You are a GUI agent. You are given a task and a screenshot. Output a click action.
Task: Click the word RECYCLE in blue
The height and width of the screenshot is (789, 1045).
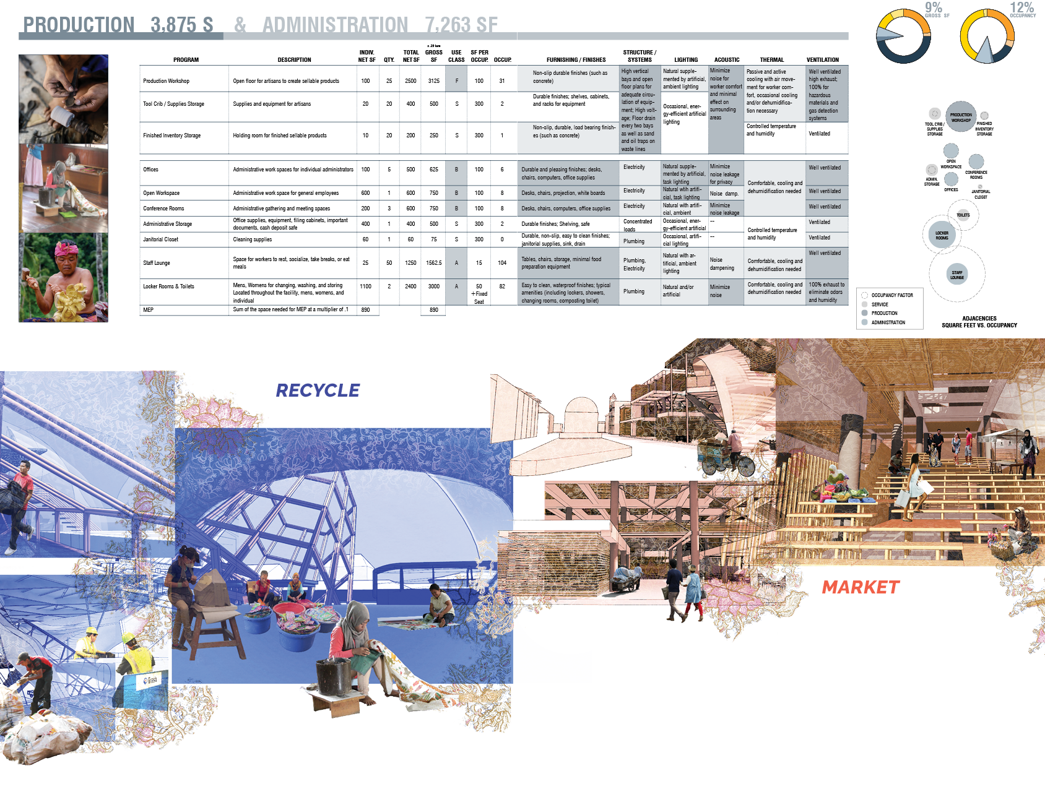coord(318,390)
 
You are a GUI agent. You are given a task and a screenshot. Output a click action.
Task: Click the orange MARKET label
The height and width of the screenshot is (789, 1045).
coord(861,587)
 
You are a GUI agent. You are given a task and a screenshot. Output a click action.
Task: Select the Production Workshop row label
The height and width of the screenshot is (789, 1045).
coord(166,81)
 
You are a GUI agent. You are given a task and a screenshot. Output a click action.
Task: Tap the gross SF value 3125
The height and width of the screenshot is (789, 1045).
coord(433,81)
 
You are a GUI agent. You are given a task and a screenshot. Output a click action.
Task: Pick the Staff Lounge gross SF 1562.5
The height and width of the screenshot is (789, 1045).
coord(433,263)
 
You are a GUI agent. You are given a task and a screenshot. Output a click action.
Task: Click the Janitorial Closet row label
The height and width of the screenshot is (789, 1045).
coord(160,239)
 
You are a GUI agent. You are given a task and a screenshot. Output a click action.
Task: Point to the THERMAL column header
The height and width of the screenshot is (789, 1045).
coord(771,60)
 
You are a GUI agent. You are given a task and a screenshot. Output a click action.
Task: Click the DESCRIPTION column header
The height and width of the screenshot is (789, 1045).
coord(294,60)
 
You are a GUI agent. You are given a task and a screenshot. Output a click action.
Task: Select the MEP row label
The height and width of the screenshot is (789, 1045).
coord(149,309)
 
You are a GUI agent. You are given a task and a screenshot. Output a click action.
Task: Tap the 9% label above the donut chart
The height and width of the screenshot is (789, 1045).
coord(933,8)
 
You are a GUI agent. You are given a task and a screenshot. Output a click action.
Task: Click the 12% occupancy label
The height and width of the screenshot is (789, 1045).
coord(1021,8)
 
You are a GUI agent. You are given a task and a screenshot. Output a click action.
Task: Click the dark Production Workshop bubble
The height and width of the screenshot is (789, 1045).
coord(961,116)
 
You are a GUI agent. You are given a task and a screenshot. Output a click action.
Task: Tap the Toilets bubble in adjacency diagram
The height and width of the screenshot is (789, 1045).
coord(963,215)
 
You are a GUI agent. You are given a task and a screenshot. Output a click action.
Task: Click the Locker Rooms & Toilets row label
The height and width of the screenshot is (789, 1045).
coord(168,287)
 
